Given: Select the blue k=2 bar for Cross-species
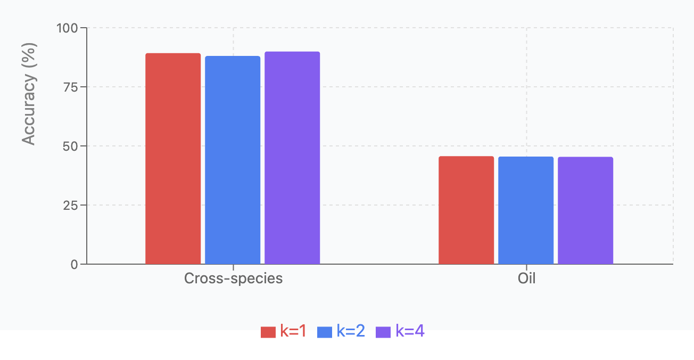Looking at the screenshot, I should (x=233, y=160).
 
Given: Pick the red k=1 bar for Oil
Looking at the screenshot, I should (x=466, y=210).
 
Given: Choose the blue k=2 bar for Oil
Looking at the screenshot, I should (x=526, y=210).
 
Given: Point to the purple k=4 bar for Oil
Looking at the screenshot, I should (x=585, y=210).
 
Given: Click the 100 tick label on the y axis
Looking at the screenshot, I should (x=67, y=28).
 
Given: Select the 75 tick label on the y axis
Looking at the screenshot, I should (x=70, y=87).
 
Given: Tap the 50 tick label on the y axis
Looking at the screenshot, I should (x=70, y=146).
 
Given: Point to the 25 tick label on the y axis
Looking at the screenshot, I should (x=70, y=205).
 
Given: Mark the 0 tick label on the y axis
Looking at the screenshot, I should (x=75, y=264).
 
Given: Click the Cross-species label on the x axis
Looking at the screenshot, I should (x=233, y=279).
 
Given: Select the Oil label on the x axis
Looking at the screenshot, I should (x=526, y=279).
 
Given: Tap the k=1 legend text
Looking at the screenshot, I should (x=293, y=331).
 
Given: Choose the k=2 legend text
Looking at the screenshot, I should (x=351, y=331).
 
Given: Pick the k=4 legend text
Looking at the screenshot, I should (x=410, y=331).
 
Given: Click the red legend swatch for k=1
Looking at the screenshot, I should (x=268, y=332).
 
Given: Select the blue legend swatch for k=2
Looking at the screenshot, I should (x=325, y=332).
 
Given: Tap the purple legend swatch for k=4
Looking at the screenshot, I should (x=384, y=332).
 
